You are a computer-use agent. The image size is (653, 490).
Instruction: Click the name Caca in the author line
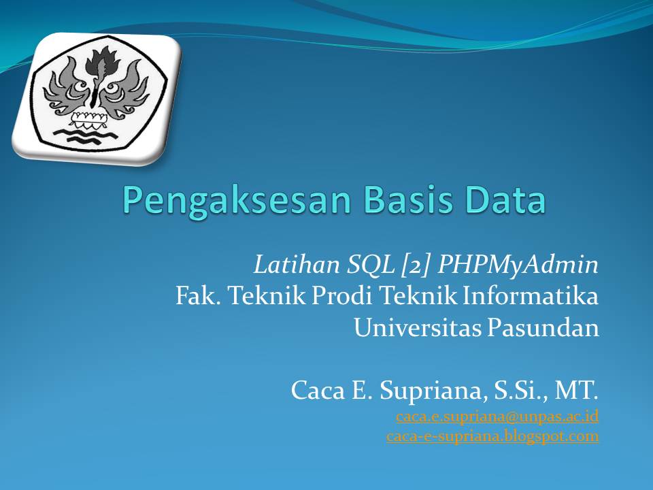pyautogui.click(x=315, y=390)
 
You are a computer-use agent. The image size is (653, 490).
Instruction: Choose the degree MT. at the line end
pyautogui.click(x=577, y=390)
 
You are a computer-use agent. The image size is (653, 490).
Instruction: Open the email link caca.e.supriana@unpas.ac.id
pyautogui.click(x=497, y=415)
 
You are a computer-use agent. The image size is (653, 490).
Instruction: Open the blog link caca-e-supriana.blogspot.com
pyautogui.click(x=492, y=436)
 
